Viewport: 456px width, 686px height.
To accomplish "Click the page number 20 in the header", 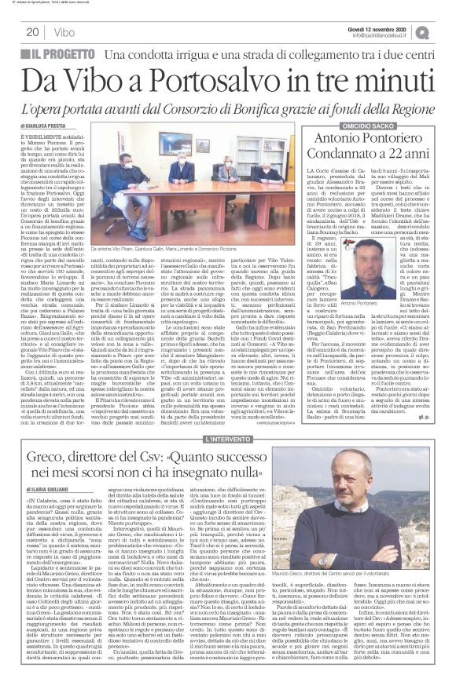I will tap(32, 32).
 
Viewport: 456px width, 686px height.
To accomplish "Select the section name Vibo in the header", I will tap(65, 32).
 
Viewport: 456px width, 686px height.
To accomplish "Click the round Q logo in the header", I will tap(446, 31).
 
